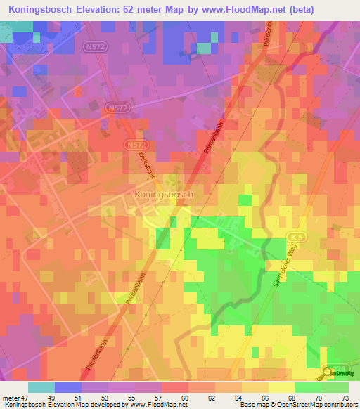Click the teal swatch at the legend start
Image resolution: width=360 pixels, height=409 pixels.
(x=41, y=387)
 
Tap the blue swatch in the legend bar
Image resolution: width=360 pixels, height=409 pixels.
(x=68, y=387)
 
